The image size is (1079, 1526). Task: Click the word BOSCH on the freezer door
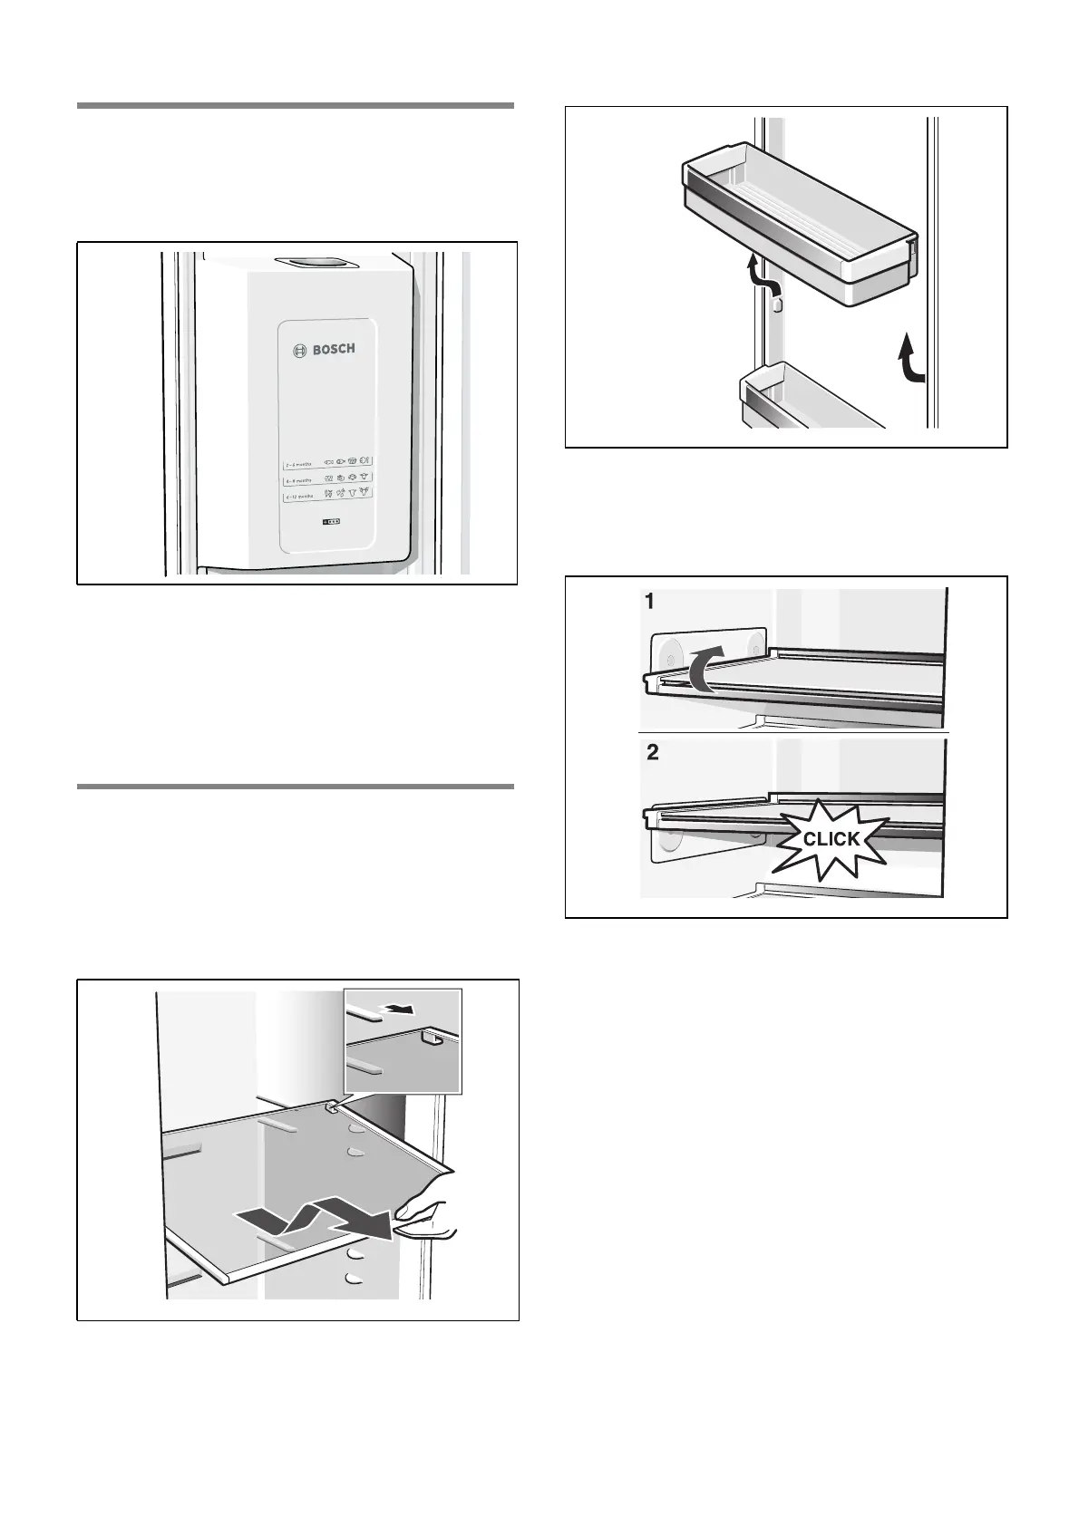pos(334,349)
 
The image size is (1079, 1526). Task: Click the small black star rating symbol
pos(332,523)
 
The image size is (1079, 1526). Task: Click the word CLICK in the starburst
pos(831,839)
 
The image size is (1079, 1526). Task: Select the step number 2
pos(653,754)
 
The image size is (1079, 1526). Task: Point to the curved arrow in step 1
pos(704,669)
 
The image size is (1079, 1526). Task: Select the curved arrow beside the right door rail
pos(910,357)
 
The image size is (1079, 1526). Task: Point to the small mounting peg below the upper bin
pos(777,305)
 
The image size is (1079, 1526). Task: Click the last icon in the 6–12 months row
pos(365,494)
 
